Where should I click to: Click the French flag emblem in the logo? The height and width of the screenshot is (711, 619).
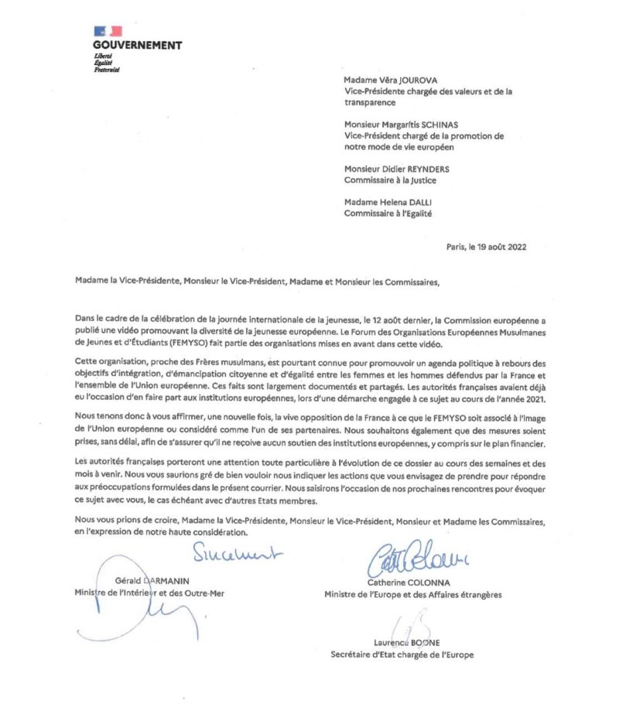[x=108, y=31]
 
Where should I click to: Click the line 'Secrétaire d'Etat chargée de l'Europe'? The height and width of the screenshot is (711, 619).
[x=402, y=655]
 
